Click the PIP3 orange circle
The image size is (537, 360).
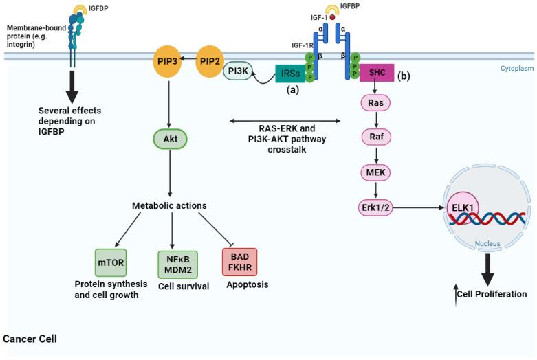click(x=168, y=62)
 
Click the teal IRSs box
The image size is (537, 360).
click(x=290, y=74)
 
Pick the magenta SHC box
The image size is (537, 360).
click(x=377, y=71)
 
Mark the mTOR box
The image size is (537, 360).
click(x=111, y=262)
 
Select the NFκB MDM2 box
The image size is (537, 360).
click(x=173, y=262)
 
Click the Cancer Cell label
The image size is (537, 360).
click(x=30, y=339)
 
